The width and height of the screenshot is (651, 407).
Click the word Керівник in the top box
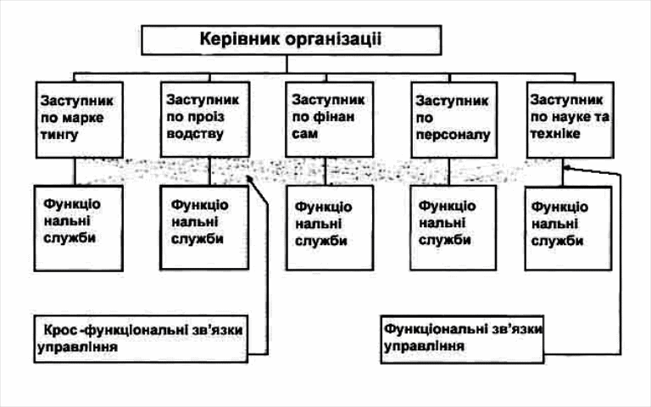pos(236,38)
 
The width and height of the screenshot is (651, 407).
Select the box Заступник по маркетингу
pos(75,118)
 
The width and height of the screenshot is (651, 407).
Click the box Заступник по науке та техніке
pos(570,118)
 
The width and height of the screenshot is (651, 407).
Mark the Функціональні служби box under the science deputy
pos(568,225)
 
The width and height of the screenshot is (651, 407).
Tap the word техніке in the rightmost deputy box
pos(556,133)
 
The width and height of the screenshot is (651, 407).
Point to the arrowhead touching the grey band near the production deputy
pos(250,179)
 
